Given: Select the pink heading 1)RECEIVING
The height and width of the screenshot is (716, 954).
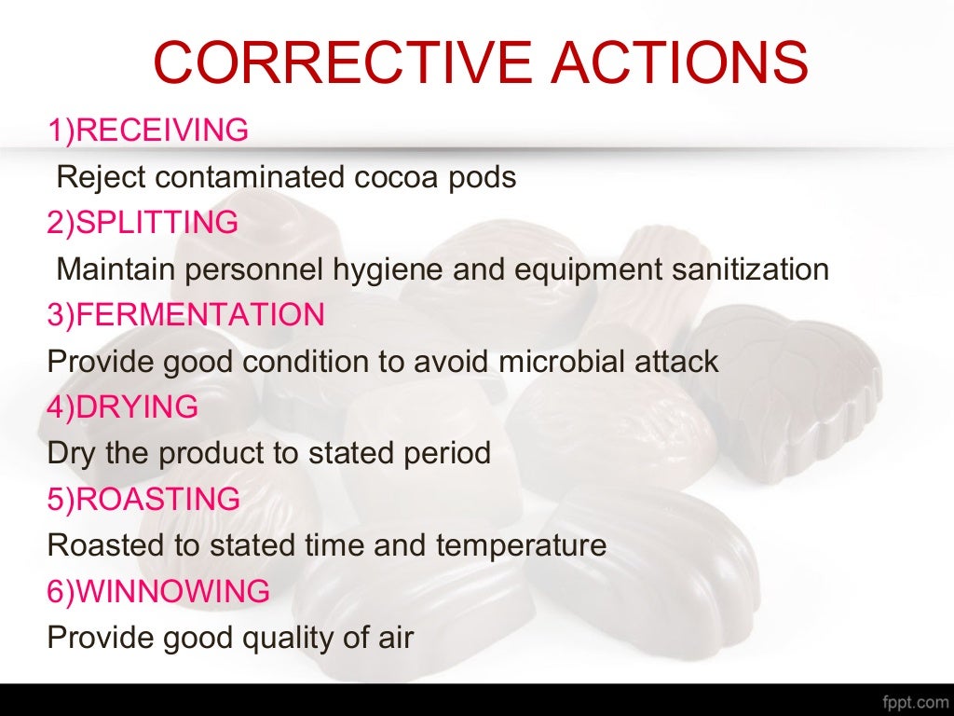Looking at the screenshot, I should [148, 131].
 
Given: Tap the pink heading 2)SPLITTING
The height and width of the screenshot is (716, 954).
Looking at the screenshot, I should [143, 223].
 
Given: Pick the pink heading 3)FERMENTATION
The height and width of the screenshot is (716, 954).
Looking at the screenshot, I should [186, 315].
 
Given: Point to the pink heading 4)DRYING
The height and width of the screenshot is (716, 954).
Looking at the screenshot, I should [123, 407].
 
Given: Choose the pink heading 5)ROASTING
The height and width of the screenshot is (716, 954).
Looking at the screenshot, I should [143, 500].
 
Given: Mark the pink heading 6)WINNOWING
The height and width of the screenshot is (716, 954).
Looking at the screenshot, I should [158, 592].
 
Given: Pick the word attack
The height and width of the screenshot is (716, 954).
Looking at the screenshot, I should [677, 362].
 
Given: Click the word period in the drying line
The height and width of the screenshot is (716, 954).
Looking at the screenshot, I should [445, 454].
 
